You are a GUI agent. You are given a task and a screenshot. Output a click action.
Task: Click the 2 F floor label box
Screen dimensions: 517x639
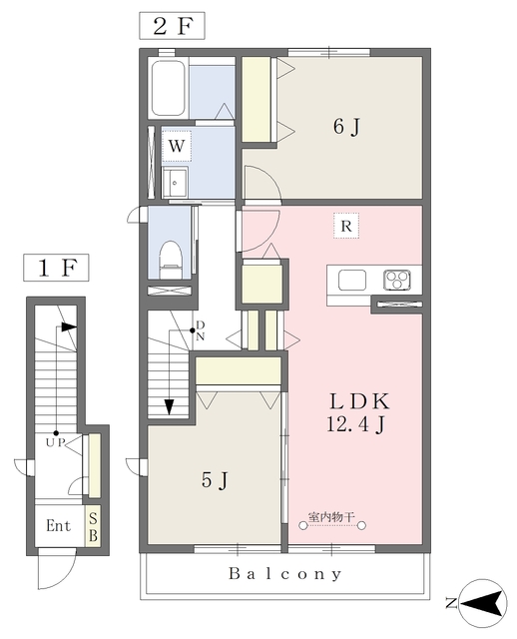pos(172,26)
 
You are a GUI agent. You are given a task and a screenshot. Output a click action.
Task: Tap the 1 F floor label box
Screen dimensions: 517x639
pos(56,268)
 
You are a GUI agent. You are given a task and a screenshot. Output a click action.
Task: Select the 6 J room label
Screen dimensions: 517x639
pos(346,127)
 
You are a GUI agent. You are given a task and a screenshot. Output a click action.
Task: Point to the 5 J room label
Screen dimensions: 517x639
pos(215,480)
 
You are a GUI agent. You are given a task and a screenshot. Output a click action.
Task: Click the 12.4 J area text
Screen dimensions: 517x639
pos(355,424)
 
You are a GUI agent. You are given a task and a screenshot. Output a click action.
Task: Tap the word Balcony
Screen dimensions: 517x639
pos(285,574)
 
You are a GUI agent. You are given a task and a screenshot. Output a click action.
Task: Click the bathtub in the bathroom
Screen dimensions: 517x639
pos(168,89)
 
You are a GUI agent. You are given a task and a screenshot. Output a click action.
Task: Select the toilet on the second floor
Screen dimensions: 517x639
pos(170,260)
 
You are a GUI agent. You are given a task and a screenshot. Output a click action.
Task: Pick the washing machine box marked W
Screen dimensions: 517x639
pos(177,146)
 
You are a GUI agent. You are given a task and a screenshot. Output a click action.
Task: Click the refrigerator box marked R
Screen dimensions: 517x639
pos(346,226)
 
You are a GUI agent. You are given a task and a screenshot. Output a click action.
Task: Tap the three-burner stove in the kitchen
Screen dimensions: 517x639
pos(396,281)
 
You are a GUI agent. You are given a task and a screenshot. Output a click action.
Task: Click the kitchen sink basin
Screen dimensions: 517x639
pos(352,281)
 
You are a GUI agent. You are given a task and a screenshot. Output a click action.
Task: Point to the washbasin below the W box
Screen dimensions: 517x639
pos(175,183)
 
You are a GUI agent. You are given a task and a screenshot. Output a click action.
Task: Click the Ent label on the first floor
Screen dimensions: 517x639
pos(59,526)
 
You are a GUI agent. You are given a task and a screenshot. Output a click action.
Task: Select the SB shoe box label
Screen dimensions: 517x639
pos(93,527)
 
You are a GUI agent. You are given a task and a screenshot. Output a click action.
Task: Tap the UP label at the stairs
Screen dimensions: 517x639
pos(55,443)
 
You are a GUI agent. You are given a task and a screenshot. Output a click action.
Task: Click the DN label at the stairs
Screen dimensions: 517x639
pos(201,330)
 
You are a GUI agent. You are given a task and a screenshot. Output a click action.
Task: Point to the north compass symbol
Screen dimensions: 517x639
pos(483,603)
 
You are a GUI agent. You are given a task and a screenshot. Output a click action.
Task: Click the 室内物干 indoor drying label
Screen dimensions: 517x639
pos(331,517)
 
